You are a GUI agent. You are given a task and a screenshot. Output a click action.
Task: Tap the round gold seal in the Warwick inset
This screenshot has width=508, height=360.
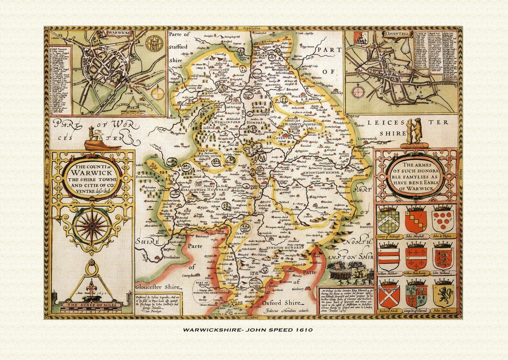tap(153, 43)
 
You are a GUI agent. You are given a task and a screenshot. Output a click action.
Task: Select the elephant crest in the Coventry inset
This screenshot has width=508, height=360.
tap(361, 38)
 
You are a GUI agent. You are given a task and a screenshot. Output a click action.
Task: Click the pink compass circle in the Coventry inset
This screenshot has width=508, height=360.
tap(358, 91)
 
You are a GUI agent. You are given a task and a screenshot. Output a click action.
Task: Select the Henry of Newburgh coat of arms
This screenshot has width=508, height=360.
tap(389, 220)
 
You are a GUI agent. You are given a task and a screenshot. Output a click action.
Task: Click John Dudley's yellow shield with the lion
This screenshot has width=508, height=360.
tap(443, 294)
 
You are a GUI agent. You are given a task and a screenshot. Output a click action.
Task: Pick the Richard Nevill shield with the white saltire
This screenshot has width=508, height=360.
tap(389, 294)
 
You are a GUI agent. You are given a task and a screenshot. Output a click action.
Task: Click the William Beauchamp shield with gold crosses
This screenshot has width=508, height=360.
tap(416, 257)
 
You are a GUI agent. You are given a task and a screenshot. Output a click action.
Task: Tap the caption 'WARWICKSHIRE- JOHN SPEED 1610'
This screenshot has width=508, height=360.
tap(248, 329)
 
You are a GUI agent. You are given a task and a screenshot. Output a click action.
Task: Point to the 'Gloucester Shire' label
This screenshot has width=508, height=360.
tap(159, 287)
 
